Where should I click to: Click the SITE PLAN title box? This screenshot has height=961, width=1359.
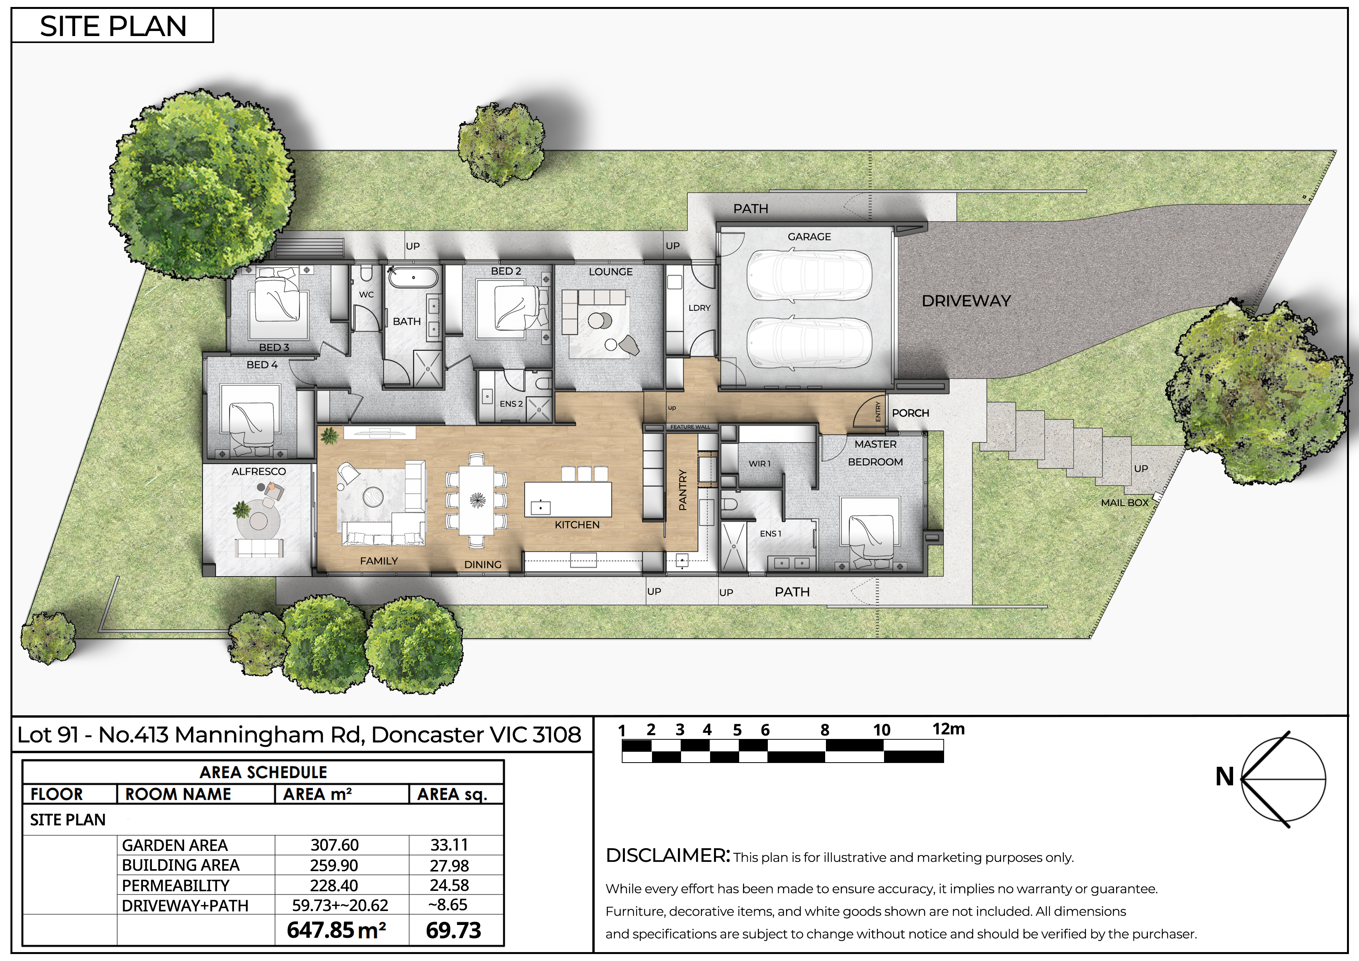112,26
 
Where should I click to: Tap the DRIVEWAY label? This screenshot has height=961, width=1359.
966,301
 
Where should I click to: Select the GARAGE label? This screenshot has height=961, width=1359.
809,237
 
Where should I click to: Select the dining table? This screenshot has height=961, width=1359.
477,500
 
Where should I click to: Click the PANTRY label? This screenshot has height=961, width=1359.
683,490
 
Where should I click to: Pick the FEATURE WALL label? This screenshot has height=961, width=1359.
690,427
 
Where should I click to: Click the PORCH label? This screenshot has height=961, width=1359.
910,413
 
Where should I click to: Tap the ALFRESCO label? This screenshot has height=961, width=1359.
259,471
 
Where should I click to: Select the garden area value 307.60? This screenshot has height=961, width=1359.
334,845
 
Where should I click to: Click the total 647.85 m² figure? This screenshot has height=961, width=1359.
336,930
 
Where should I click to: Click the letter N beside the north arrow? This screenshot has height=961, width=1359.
1225,777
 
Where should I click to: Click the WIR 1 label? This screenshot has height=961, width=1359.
759,463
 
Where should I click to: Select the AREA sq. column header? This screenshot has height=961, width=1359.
452,794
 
